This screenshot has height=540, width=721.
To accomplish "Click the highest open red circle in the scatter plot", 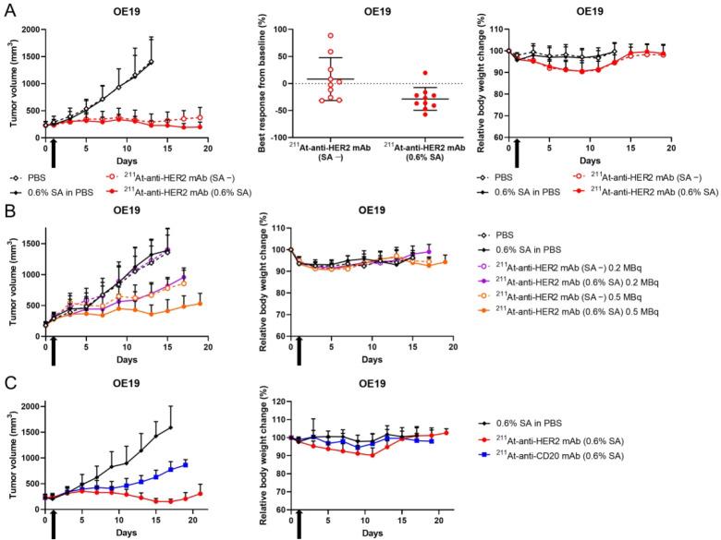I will pos(330,36).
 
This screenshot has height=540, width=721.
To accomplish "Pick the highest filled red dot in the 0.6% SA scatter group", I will pos(425,72).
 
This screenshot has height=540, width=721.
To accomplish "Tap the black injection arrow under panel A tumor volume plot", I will pos(54,148).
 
